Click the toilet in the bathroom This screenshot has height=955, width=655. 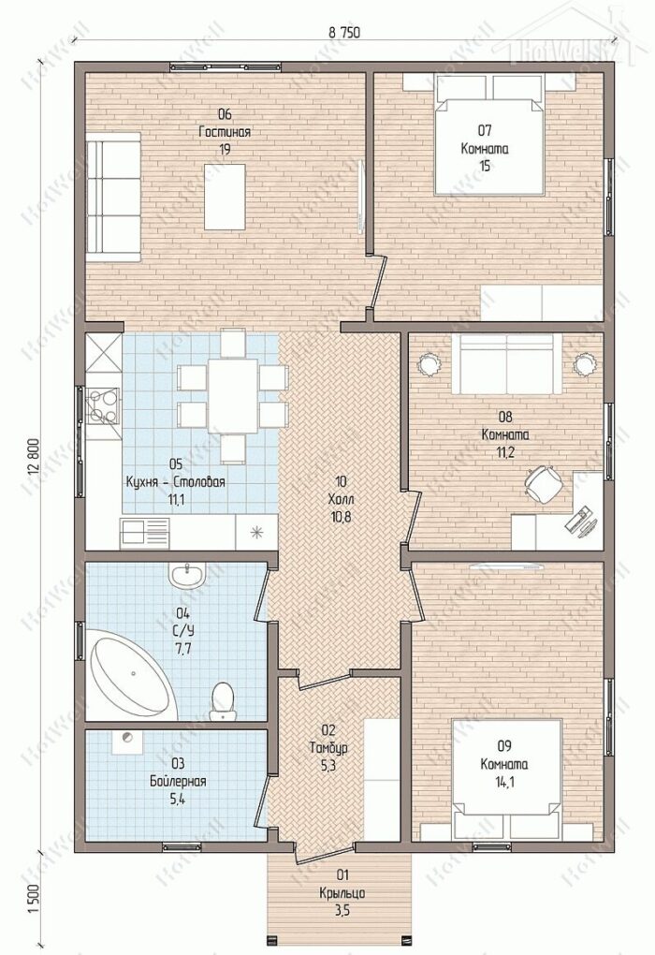tap(222, 700)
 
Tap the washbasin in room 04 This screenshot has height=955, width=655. tap(187, 575)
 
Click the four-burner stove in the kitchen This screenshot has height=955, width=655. tap(103, 406)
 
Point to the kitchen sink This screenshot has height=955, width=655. tap(145, 532)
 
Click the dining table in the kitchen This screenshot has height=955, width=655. tap(232, 395)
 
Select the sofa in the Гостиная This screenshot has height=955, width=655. tap(113, 198)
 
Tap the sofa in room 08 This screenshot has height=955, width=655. tap(506, 363)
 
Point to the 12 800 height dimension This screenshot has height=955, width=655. tap(34, 458)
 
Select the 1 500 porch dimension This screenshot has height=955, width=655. tap(34, 899)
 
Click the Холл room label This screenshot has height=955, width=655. tap(341, 499)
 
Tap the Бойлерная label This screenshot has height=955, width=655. tap(179, 782)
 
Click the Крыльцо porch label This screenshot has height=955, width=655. tap(342, 893)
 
